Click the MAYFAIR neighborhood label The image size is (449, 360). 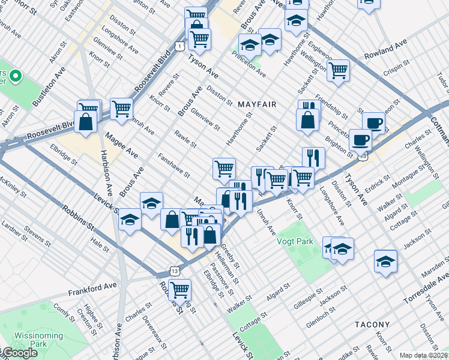257,104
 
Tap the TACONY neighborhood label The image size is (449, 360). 372,325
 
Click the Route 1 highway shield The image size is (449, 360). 179,46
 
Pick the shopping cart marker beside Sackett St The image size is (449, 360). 339,70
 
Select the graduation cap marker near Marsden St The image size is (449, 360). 385,262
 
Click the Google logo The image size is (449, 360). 20,353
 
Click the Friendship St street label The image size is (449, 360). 331,106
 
